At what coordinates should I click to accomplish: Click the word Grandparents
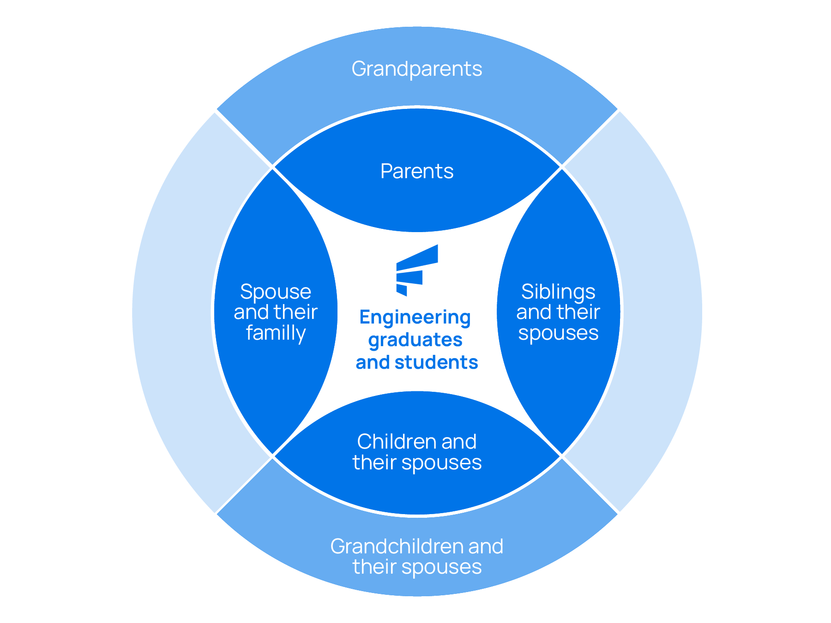416,69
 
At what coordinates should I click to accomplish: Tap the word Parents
416,172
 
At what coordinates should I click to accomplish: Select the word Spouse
276,292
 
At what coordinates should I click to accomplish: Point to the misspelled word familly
276,333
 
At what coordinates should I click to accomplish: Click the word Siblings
558,292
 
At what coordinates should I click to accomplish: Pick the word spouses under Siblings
558,333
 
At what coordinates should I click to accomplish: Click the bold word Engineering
415,317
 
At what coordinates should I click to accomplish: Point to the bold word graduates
415,340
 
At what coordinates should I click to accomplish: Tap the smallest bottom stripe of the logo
401,290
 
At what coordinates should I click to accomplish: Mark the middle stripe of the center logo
410,277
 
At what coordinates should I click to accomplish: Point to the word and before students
372,362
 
